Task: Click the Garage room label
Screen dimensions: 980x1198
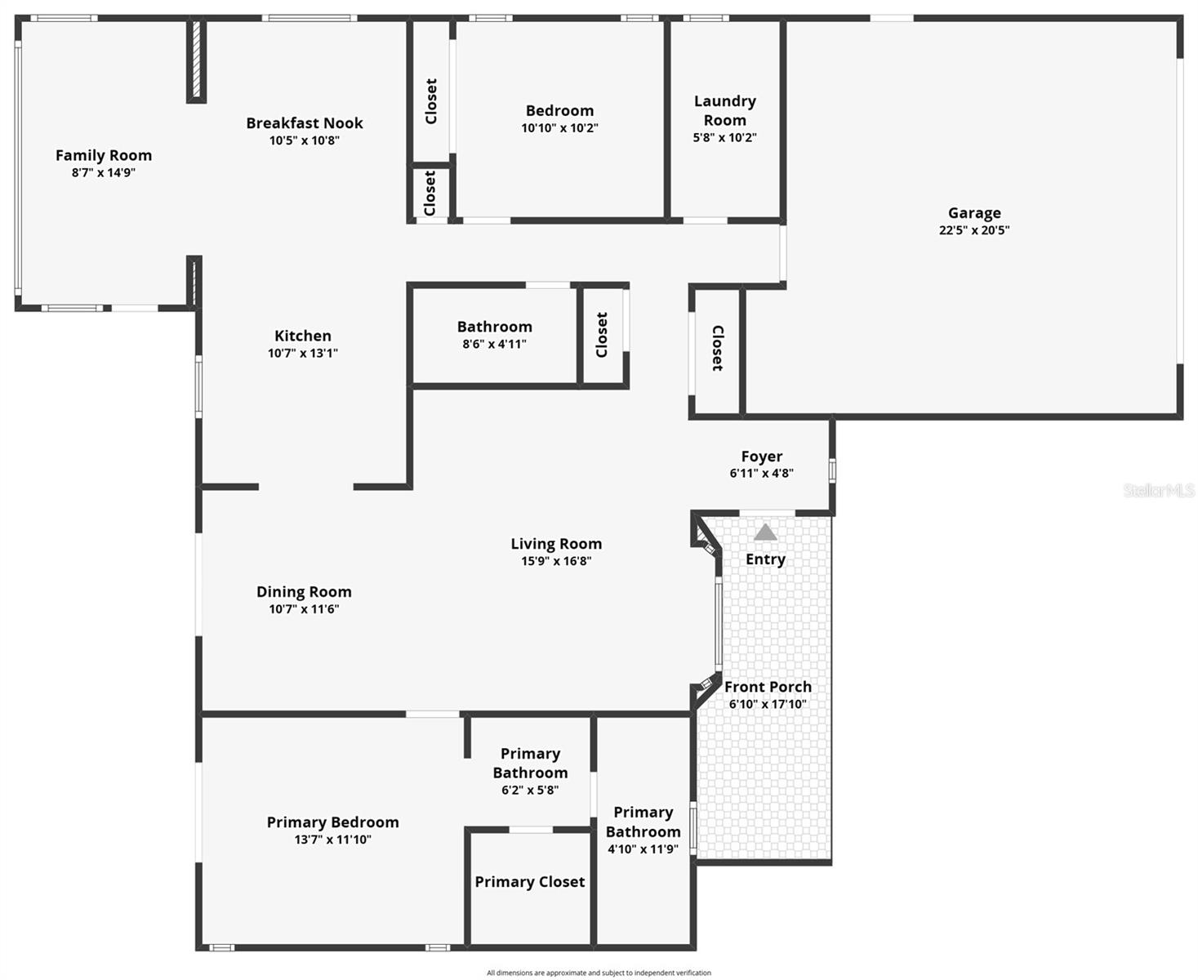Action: click(x=974, y=213)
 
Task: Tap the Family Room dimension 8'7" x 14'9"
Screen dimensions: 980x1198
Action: click(x=104, y=173)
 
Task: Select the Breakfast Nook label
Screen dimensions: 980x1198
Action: click(x=305, y=123)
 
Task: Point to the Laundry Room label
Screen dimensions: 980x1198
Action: click(x=725, y=110)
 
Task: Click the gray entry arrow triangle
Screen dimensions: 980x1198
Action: click(x=765, y=532)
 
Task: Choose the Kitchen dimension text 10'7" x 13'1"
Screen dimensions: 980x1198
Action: click(x=303, y=354)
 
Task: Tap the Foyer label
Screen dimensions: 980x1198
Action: click(x=762, y=457)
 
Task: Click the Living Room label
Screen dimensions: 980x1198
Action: click(x=556, y=544)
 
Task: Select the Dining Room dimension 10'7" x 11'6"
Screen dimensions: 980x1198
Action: click(x=304, y=609)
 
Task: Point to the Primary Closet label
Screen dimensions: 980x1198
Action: click(x=530, y=882)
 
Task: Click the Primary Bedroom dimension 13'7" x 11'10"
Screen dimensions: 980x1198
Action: click(x=333, y=840)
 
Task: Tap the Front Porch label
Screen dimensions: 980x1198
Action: click(x=768, y=687)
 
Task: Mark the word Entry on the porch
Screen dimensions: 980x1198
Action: click(x=765, y=559)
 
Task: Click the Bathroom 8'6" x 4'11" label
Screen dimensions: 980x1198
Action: click(x=495, y=327)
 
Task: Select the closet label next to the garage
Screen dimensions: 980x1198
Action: click(x=717, y=348)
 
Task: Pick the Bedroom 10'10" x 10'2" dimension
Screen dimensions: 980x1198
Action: click(x=560, y=128)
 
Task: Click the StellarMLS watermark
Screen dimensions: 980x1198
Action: click(x=1159, y=490)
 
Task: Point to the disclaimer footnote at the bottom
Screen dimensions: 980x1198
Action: click(x=599, y=973)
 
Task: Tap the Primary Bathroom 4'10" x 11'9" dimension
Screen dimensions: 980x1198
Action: click(x=644, y=849)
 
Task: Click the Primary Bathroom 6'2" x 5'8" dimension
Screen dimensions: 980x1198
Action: click(x=530, y=791)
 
